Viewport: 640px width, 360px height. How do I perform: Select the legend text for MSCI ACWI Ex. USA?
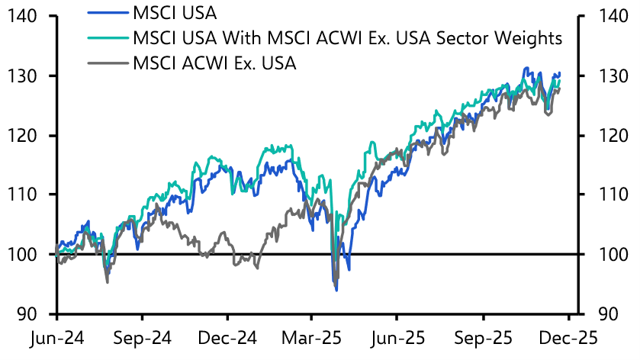214,62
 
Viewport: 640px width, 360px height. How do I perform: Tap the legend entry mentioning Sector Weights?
347,37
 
